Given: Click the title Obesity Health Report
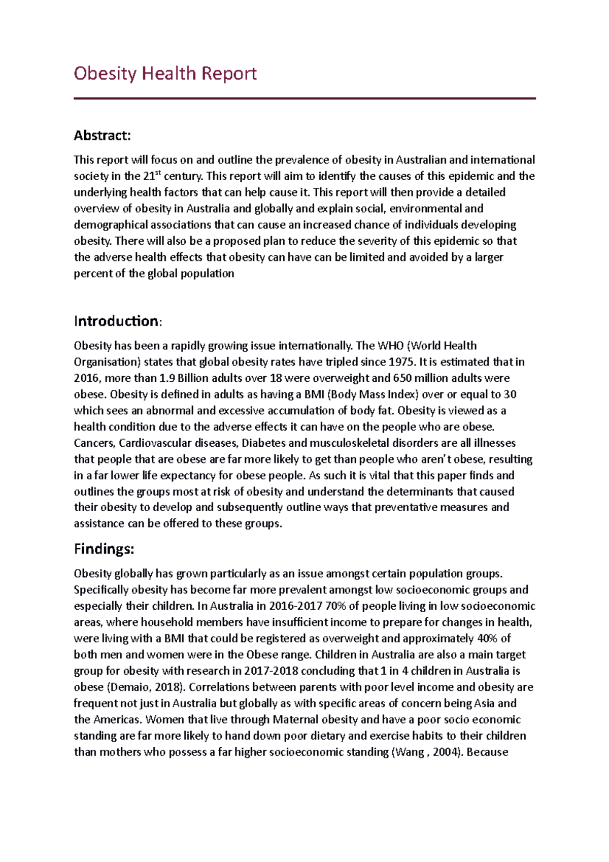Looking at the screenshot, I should [165, 74].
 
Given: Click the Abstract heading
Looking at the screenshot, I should [102, 136].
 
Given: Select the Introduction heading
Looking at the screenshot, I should [117, 321].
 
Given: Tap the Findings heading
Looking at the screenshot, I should [104, 549].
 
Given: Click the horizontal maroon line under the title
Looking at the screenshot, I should [304, 98].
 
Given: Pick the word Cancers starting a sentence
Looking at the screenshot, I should [94, 443].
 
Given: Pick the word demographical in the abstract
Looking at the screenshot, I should [110, 225].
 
